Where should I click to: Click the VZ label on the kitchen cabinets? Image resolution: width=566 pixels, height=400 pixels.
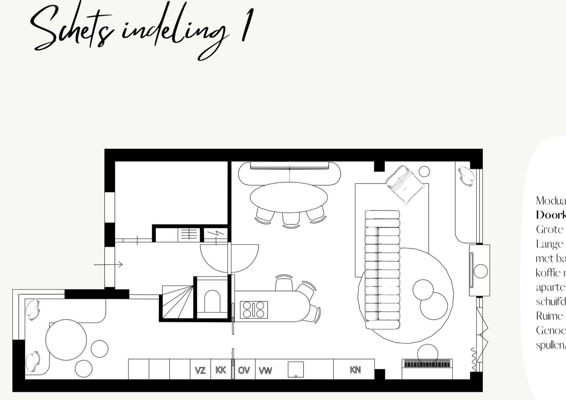pos(200,370)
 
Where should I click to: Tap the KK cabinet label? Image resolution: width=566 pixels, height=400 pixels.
pos(221,370)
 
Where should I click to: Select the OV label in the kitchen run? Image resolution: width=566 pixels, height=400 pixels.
pos(244,370)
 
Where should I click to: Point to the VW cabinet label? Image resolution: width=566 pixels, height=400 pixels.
pos(265,370)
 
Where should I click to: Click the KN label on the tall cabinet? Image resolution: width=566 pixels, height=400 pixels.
pos(355,369)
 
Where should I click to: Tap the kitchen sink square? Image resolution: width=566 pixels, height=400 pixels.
pos(295,369)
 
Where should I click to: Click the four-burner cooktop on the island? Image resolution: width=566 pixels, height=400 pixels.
pos(254,309)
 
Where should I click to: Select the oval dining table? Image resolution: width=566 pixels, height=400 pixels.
pos(289,197)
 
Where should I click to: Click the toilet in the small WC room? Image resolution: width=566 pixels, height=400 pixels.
pos(212,301)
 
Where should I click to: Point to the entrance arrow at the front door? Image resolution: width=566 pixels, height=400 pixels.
pos(108,264)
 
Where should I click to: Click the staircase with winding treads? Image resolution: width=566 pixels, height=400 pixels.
pos(177,303)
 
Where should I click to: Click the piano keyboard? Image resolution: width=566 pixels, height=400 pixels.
pos(427,364)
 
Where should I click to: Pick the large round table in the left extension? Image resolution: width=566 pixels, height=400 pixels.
pos(66,340)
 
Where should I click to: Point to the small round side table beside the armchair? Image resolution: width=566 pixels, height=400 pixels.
pos(424,171)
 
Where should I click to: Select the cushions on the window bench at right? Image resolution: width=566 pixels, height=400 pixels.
pos(466,176)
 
